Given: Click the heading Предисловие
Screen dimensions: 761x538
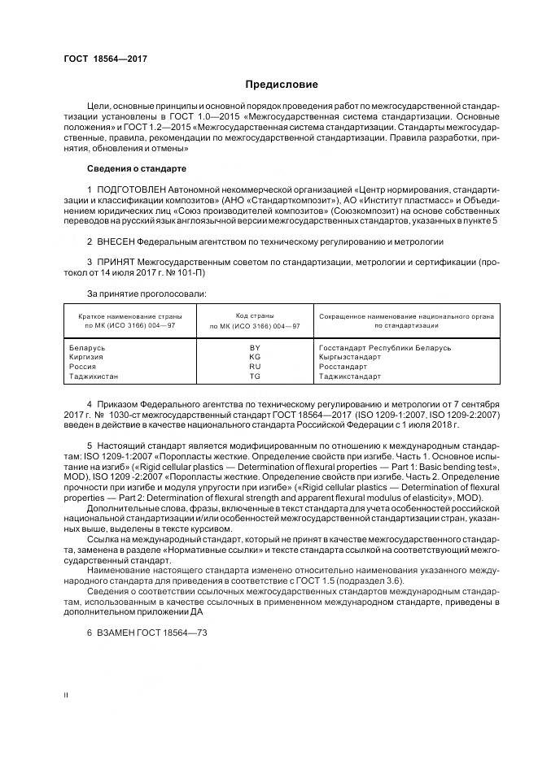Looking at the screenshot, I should coord(282,85).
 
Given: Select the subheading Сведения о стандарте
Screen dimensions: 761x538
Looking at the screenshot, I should coord(136,168).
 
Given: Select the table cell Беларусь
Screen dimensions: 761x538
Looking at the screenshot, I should coord(89,347).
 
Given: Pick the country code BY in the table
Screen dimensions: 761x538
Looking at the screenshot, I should coord(255,347).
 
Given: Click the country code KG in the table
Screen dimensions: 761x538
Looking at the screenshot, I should coord(255,357).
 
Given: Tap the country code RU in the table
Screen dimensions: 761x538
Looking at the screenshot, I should coord(255,367).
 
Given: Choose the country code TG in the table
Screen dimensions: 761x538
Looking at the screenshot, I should coord(255,376).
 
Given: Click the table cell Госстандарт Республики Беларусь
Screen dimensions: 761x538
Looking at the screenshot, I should coord(385,347).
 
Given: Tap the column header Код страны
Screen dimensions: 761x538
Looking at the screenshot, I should coord(255,315).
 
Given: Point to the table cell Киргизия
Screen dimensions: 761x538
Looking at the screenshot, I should coord(88,357).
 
